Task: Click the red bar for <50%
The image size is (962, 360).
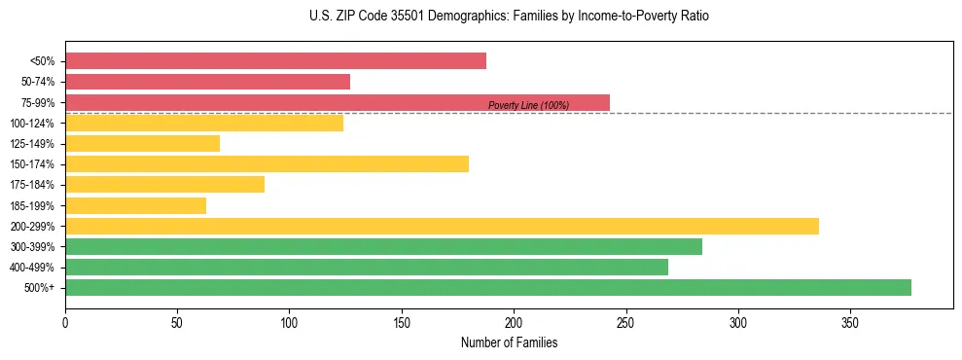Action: (x=275, y=61)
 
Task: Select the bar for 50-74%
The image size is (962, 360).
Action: (x=207, y=82)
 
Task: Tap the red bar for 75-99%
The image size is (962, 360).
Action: (x=338, y=102)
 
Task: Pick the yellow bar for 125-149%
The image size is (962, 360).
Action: (x=142, y=144)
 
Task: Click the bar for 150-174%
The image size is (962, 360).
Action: (x=267, y=163)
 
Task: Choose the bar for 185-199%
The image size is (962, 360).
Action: (x=135, y=205)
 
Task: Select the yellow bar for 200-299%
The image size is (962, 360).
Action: (x=442, y=226)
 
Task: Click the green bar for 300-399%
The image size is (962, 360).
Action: (x=383, y=246)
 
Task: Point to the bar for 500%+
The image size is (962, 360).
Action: (x=488, y=287)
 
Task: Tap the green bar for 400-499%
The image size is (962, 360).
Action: (x=367, y=267)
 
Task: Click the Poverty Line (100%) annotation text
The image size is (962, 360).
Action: (x=528, y=105)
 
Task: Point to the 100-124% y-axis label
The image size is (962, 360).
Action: (x=32, y=124)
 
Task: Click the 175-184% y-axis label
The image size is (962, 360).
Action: (x=32, y=185)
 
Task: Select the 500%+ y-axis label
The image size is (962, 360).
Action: (x=39, y=288)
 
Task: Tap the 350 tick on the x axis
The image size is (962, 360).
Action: (x=850, y=322)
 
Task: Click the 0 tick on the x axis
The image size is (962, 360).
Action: (x=65, y=322)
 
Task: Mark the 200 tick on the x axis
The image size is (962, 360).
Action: (x=514, y=322)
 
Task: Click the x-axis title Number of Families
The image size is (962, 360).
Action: (x=509, y=342)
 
